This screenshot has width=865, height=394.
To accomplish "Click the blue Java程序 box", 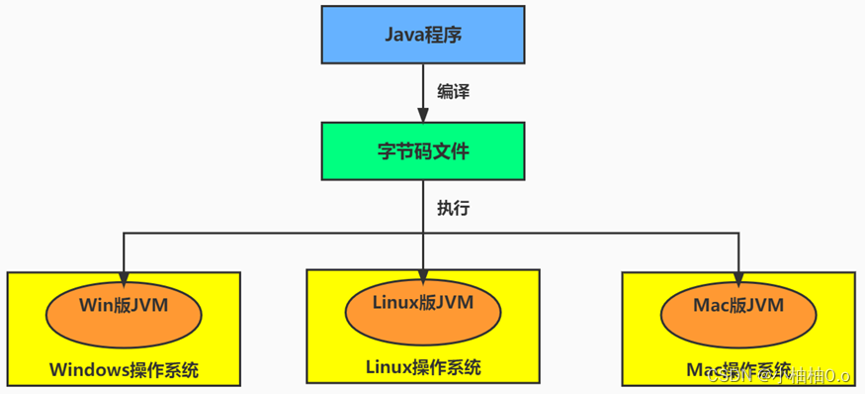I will [x=423, y=35].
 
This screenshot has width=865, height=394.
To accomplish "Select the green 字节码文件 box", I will [x=423, y=151].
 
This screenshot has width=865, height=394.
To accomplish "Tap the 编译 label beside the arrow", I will [x=453, y=92].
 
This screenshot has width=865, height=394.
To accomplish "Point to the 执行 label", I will [x=453, y=209].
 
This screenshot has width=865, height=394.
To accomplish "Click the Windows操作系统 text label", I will [x=124, y=370].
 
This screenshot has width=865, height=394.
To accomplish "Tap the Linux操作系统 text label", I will [x=423, y=367].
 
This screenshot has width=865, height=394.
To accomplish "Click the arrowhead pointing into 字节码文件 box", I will [x=423, y=116].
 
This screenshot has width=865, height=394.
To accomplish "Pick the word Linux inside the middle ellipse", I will [x=395, y=302].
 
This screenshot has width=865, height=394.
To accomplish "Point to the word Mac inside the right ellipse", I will [x=712, y=306].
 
